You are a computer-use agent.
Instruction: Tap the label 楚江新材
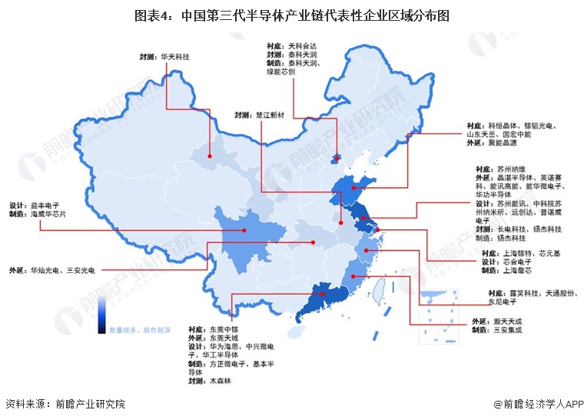(x=269, y=115)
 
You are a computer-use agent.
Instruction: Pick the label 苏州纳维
(x=512, y=168)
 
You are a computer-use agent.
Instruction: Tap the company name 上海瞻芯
(x=517, y=272)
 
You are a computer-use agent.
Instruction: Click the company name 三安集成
(x=508, y=330)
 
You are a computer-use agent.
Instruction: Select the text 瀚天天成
(x=508, y=321)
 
